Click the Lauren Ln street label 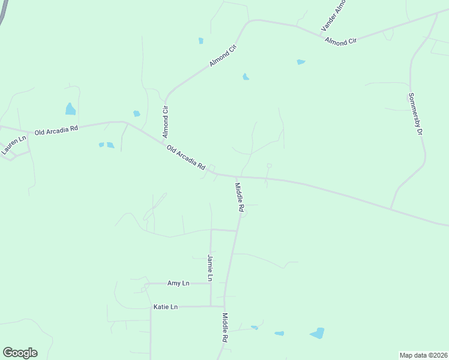(13, 146)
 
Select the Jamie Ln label (210, 268)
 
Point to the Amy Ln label (178, 283)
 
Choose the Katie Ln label (166, 307)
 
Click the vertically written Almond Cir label (166, 121)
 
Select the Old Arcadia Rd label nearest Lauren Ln (56, 130)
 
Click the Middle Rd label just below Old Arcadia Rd (240, 197)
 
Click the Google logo (20, 353)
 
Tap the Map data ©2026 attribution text (424, 355)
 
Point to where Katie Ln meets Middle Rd (224, 307)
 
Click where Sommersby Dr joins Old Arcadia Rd (391, 209)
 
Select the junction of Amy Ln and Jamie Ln (210, 283)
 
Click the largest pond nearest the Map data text (317, 333)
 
